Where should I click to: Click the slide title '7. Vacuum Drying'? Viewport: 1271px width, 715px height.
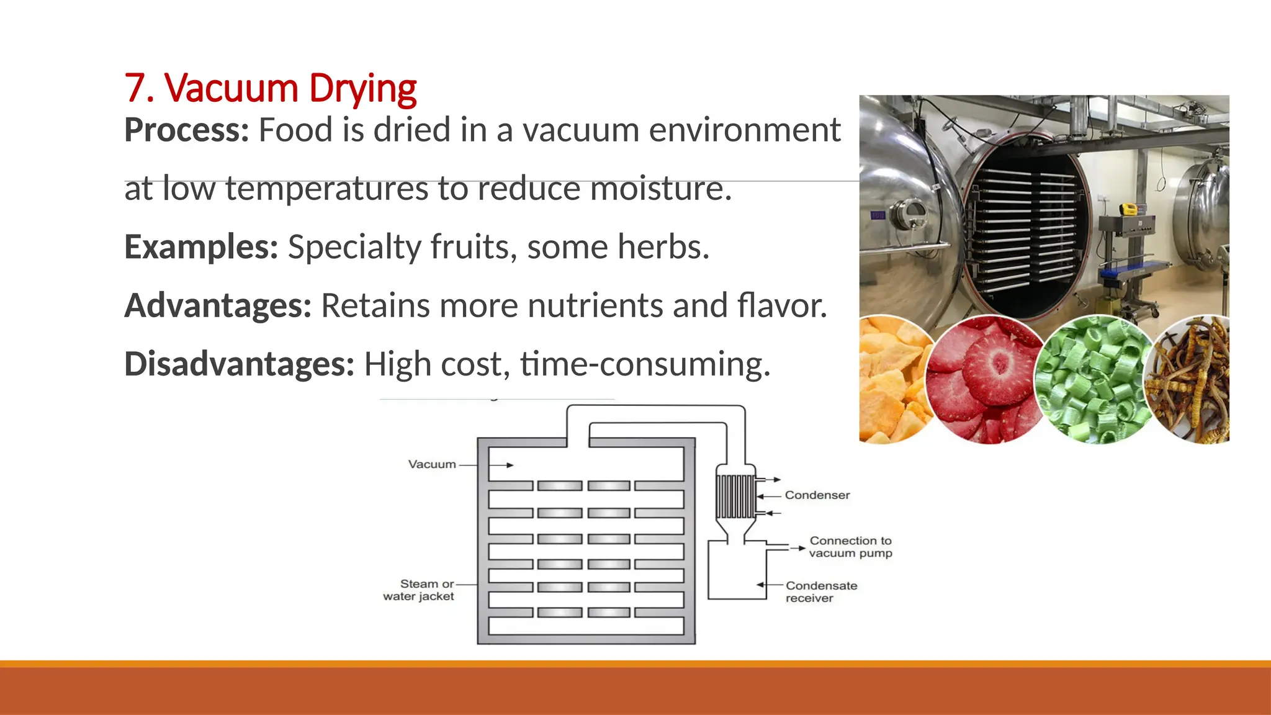tap(270, 88)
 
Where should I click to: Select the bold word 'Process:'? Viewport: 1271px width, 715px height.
tap(186, 130)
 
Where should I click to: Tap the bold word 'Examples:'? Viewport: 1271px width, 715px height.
tap(201, 247)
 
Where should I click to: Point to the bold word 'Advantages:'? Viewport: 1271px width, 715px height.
tap(218, 305)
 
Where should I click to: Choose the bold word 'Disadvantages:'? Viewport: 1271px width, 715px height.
tap(239, 364)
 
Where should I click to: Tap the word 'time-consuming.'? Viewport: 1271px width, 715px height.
tap(645, 364)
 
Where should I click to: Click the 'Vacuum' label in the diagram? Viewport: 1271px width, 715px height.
tap(432, 464)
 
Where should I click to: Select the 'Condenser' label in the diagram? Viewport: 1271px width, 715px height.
tap(817, 495)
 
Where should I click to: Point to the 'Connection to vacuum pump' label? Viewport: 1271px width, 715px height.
tap(850, 547)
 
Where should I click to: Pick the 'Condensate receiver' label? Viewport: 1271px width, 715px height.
tap(821, 591)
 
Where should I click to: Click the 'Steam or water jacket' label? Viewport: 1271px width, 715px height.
tap(419, 590)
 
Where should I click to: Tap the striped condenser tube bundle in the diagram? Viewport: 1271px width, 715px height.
tap(736, 497)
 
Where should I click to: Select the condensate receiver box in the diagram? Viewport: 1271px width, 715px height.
tap(737, 571)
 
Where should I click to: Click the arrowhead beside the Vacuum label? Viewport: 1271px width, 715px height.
tap(510, 465)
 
